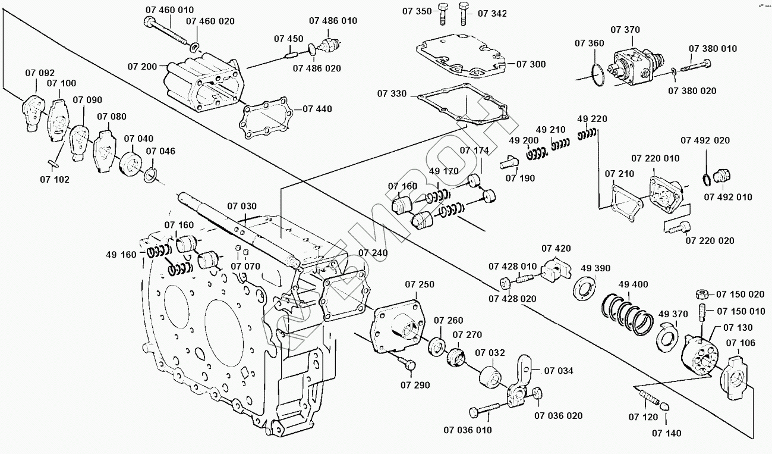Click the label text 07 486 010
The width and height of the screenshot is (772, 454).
[x=333, y=21]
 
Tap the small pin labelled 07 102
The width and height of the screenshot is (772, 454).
[x=52, y=162]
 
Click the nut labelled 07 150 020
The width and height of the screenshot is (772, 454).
[x=701, y=294]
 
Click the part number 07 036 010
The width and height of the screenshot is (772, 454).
[x=467, y=430]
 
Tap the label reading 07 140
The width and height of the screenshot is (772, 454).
[x=666, y=433]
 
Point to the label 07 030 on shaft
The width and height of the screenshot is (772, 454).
[x=242, y=206]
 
